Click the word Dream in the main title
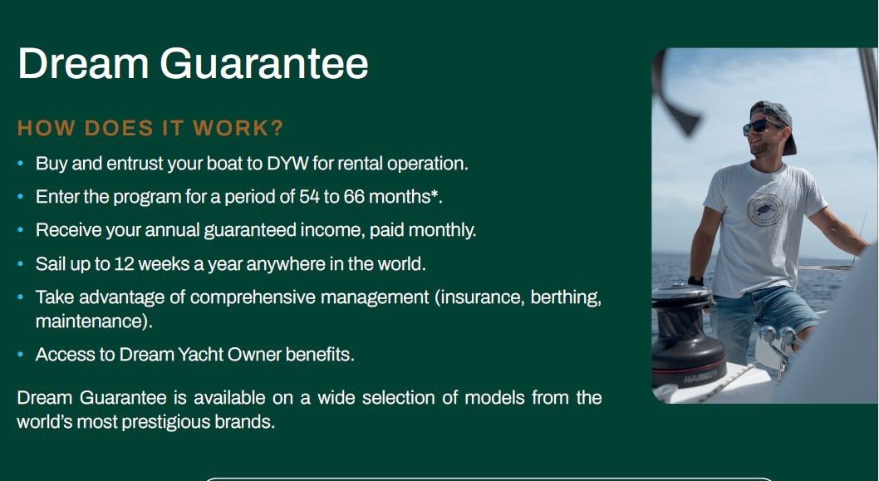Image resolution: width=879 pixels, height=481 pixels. pos(84,63)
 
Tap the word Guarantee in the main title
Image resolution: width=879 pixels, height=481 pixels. pos(264,63)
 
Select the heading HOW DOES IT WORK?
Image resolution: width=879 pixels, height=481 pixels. pos(151,129)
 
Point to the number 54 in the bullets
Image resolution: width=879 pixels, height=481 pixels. pos(309,197)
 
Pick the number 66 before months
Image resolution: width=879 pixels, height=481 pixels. pos(354,197)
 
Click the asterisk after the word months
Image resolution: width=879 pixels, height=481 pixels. pos(434,194)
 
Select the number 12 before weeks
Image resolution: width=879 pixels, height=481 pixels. pos(124,264)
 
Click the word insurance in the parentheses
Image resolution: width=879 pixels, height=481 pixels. pos(482,297)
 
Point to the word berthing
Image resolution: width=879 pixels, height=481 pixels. pos(566,297)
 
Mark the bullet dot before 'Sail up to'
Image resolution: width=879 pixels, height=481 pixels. pos(21,264)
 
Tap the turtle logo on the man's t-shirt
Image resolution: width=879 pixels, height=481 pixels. pos(765,210)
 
